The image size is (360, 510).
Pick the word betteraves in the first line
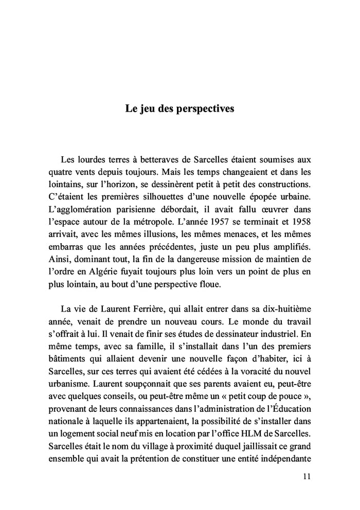tap(154, 160)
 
